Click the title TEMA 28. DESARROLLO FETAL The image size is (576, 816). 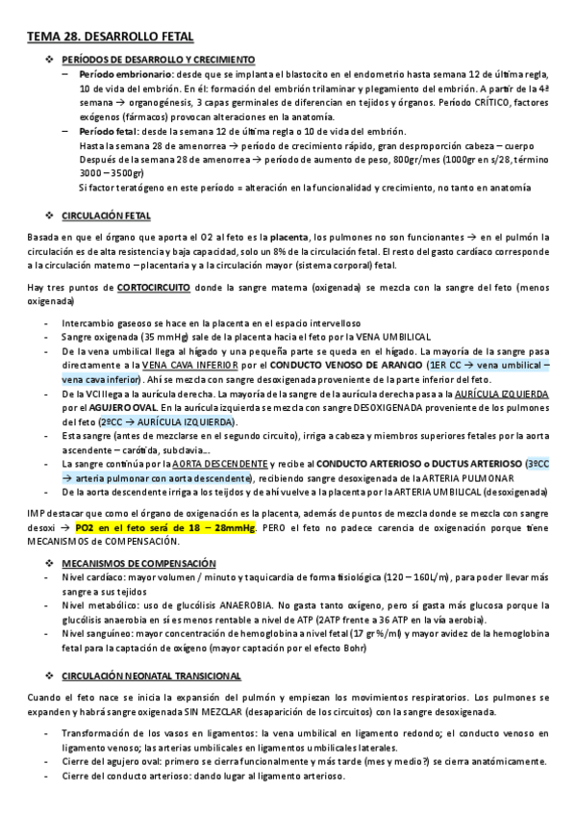pyautogui.click(x=111, y=37)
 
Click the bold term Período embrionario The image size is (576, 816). pyautogui.click(x=113, y=73)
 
